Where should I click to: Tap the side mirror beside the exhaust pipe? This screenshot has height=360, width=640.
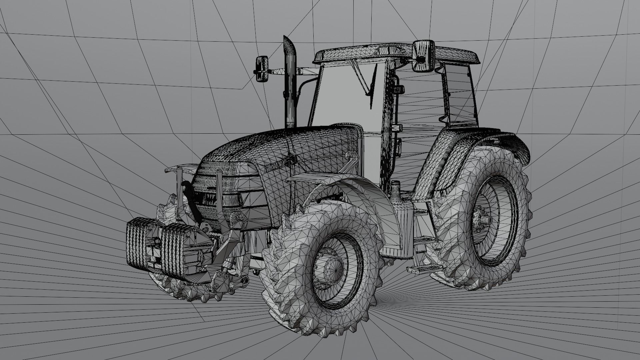[262, 68]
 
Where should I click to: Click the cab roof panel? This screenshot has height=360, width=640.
[397, 53]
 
